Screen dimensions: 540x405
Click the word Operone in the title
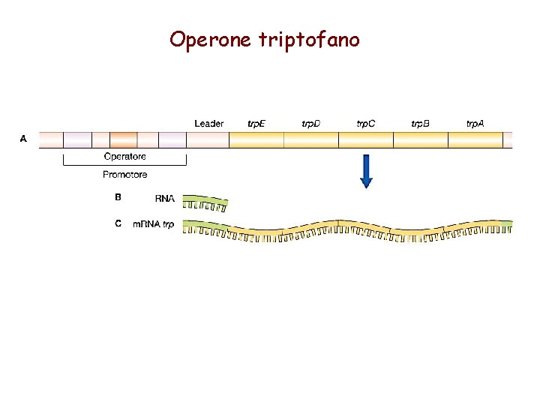click(x=211, y=39)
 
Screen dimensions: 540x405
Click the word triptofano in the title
click(x=309, y=39)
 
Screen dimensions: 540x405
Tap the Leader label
click(x=208, y=123)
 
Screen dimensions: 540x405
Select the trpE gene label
click(x=256, y=123)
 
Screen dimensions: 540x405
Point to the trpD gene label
click(x=310, y=123)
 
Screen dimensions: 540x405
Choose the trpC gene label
click(x=366, y=123)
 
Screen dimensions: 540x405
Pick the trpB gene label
click(x=421, y=123)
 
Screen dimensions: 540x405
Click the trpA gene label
click(x=475, y=123)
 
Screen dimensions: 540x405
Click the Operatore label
click(x=124, y=157)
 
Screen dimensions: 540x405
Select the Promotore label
click(x=124, y=175)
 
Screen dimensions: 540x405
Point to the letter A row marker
click(x=23, y=139)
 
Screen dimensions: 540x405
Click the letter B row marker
click(x=118, y=198)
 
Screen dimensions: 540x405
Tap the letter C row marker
click(x=118, y=223)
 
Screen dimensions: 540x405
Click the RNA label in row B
click(x=164, y=199)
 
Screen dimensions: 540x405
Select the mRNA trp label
click(x=153, y=224)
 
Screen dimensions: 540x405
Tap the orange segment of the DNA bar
click(x=124, y=139)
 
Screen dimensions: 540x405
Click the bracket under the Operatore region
click(x=124, y=163)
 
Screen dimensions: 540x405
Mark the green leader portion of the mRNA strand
click(x=206, y=225)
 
